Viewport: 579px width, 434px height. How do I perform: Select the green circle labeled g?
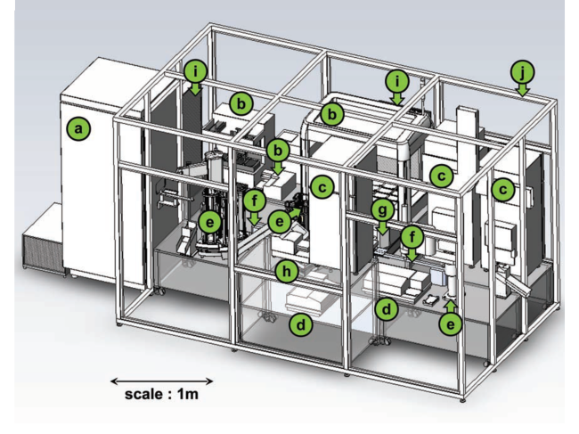[x=382, y=211]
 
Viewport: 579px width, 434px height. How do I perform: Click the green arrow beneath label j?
[x=523, y=89]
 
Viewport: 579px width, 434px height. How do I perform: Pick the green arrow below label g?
[x=382, y=229]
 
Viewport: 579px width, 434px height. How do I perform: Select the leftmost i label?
[x=196, y=70]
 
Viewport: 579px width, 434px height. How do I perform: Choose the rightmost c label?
[x=503, y=189]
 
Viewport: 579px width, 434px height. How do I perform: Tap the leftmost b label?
[x=240, y=103]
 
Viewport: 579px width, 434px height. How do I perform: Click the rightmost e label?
[x=452, y=324]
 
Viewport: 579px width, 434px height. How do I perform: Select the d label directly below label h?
[x=302, y=324]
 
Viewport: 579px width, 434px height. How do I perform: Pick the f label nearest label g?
[x=412, y=237]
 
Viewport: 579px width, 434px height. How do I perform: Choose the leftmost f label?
[x=255, y=201]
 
